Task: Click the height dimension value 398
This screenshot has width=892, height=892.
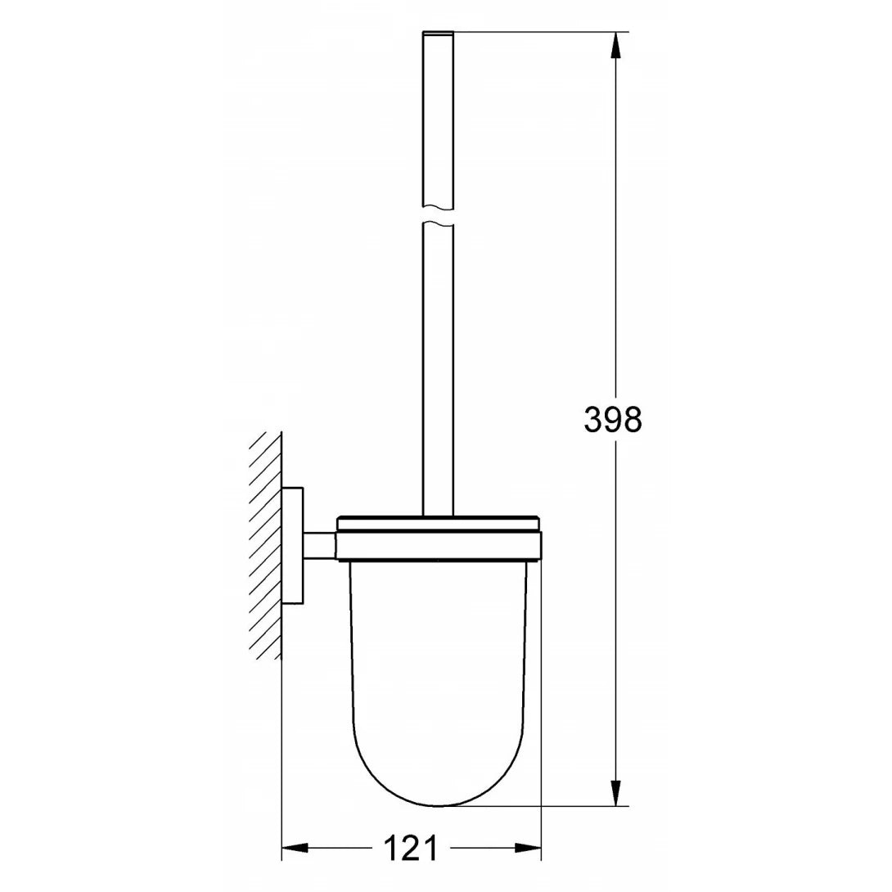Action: tap(613, 420)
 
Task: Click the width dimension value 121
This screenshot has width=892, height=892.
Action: tap(411, 849)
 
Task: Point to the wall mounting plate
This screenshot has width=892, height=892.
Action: tap(293, 546)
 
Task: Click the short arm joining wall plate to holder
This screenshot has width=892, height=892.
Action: tap(320, 546)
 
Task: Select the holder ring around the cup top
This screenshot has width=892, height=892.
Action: tap(439, 547)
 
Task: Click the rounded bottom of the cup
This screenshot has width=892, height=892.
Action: tap(439, 777)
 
